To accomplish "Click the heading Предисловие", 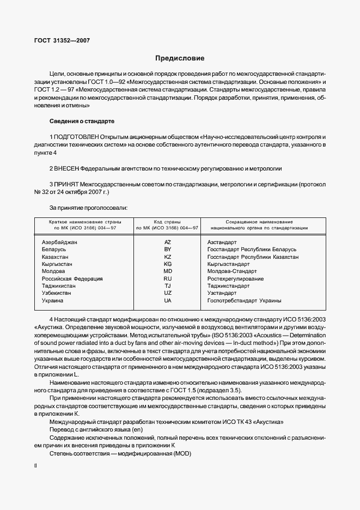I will click(x=180, y=58).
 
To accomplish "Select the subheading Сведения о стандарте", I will click(x=82, y=120).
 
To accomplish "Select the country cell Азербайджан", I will click(x=59, y=241).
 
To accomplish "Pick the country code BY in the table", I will click(x=167, y=249).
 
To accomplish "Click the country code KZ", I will click(x=167, y=256).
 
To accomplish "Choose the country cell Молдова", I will click(x=53, y=271).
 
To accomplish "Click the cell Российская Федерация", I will click(x=72, y=278).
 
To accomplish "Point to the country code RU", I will click(x=167, y=278).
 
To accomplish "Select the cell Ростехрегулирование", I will click(x=235, y=278).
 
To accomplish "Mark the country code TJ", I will click(x=167, y=286).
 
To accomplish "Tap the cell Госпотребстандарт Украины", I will click(x=244, y=300).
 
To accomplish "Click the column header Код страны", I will click(x=167, y=222).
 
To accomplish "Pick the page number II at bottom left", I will click(x=35, y=466).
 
